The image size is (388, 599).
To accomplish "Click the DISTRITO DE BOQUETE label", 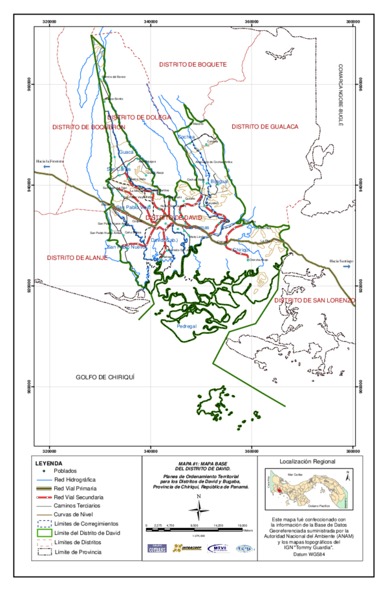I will (193, 65).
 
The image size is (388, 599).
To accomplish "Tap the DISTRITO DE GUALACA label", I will (265, 127).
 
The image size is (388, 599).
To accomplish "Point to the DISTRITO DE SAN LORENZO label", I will (315, 300).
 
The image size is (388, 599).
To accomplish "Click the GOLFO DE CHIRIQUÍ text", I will (104, 377).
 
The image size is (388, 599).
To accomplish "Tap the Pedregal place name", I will (186, 326).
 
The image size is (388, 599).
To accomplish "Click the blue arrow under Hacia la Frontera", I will (46, 167).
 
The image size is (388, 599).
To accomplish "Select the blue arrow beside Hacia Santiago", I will (347, 266).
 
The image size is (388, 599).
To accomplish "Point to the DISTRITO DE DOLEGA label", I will (139, 118).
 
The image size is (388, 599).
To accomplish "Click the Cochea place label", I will (186, 137).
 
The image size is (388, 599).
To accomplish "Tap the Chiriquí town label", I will (241, 249).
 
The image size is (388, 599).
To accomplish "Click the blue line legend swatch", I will (44, 480).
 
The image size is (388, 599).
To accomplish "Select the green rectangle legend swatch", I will (44, 533).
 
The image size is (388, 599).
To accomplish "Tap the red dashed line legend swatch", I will (44, 498).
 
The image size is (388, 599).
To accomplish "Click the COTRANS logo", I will (156, 549).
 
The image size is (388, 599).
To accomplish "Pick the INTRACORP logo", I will (186, 549).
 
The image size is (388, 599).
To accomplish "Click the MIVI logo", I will (217, 549).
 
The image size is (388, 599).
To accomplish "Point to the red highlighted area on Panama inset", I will (278, 490).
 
